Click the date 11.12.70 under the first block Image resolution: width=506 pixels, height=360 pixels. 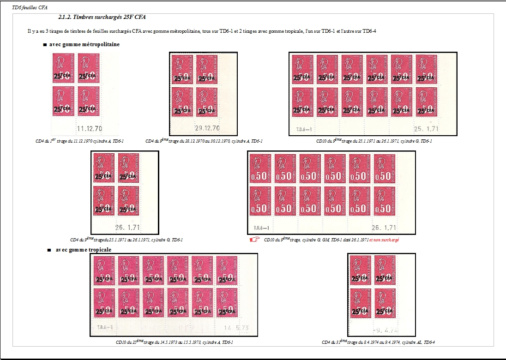coord(90,129)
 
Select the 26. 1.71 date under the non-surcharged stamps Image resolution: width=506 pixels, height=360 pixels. coord(384,228)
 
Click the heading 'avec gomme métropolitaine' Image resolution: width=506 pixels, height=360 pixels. coord(84,45)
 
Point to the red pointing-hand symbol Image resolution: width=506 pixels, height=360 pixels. coord(255,240)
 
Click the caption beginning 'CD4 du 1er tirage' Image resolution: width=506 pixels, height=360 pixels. coord(79,141)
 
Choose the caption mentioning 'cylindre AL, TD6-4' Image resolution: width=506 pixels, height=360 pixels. coord(379,342)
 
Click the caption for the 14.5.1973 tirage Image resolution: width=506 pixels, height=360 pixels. coord(174,342)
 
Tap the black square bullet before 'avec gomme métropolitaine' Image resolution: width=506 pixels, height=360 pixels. coord(44,45)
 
